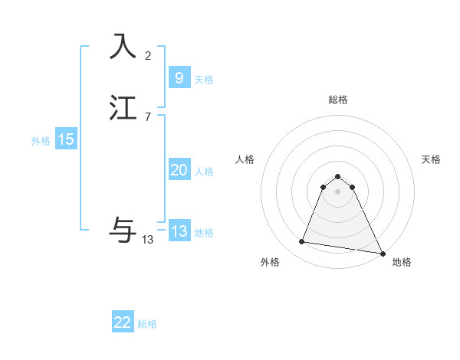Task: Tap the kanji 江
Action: click(123, 108)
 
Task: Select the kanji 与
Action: click(123, 230)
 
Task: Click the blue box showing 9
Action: click(179, 77)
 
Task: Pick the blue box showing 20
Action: click(179, 170)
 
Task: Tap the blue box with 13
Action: click(179, 231)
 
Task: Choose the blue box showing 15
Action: click(66, 139)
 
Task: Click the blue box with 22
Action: click(123, 322)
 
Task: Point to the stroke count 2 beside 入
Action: click(148, 56)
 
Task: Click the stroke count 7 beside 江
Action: click(148, 117)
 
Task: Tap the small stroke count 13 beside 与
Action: click(148, 240)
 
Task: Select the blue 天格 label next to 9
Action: click(204, 80)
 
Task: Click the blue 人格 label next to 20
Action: click(204, 172)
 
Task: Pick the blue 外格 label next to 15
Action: click(41, 141)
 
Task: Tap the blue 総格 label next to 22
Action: click(147, 324)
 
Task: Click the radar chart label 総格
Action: click(338, 100)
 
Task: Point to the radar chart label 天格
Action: click(431, 159)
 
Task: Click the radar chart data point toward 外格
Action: click(301, 242)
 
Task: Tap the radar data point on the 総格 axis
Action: click(338, 174)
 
